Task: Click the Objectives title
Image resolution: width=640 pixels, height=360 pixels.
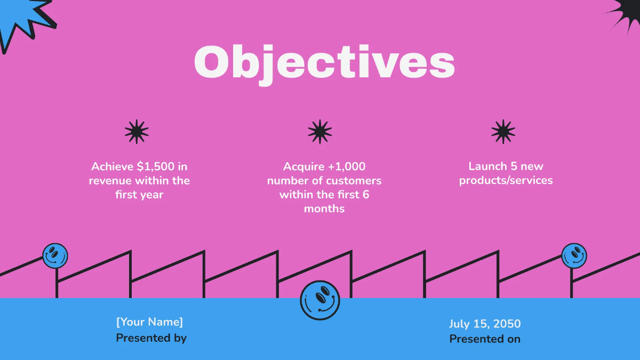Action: pos(324,63)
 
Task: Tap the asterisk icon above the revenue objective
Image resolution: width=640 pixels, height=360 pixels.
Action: pos(137,131)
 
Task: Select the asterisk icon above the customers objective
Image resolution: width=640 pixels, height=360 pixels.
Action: pos(320,131)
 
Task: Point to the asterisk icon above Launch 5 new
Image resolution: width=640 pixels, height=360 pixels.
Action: pos(503,131)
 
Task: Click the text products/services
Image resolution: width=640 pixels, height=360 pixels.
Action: pos(506,180)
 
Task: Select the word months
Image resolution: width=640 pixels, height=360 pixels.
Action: pos(324,209)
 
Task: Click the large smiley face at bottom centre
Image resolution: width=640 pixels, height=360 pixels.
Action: pos(320,300)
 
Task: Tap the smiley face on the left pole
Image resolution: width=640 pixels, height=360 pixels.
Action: pos(55,256)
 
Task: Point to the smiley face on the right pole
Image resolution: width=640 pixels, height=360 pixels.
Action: pos(574,256)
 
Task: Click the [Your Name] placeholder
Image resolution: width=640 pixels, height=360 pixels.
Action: pos(149,322)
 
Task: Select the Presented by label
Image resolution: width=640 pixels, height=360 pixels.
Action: pos(151,338)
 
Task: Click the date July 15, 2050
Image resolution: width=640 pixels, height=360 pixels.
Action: pos(485,324)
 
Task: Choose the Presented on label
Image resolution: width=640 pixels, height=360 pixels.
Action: pos(485,339)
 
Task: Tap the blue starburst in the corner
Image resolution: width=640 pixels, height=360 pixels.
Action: pos(24,19)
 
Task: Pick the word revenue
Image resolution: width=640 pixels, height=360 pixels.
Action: pos(110,180)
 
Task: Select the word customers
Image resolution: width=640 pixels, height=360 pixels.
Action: pos(354,180)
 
